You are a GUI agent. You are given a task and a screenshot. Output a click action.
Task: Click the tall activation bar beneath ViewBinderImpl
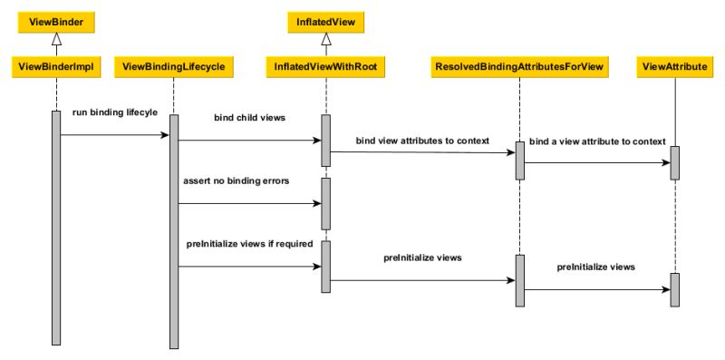pos(56,227)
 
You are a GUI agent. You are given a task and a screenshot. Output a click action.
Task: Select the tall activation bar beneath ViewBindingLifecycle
pos(173,231)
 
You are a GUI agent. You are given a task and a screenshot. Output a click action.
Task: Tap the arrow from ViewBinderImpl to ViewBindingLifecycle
pos(114,135)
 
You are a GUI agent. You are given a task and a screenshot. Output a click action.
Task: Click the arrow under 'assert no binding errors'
pos(249,203)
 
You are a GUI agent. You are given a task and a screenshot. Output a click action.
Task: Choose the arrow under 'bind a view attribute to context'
pos(597,163)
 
